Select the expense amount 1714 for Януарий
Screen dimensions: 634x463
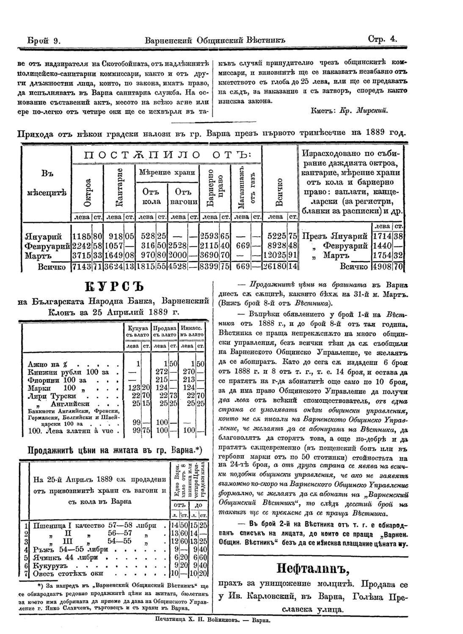click(x=382, y=236)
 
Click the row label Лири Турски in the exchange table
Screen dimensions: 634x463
click(x=52, y=396)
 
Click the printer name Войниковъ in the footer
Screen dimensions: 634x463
click(x=220, y=621)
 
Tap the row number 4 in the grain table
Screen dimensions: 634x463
click(x=26, y=550)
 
